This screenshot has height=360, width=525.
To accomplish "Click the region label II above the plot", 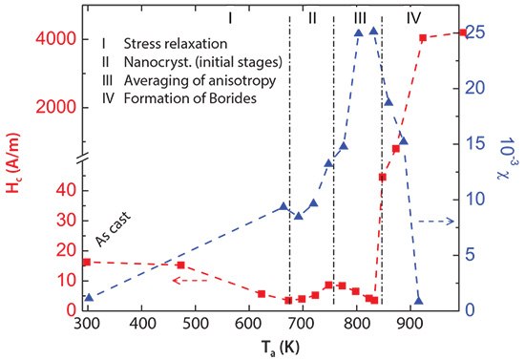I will point(312,18).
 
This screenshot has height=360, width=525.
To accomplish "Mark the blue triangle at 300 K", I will point(89,298).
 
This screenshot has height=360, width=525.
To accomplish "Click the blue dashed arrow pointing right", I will point(436,221).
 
